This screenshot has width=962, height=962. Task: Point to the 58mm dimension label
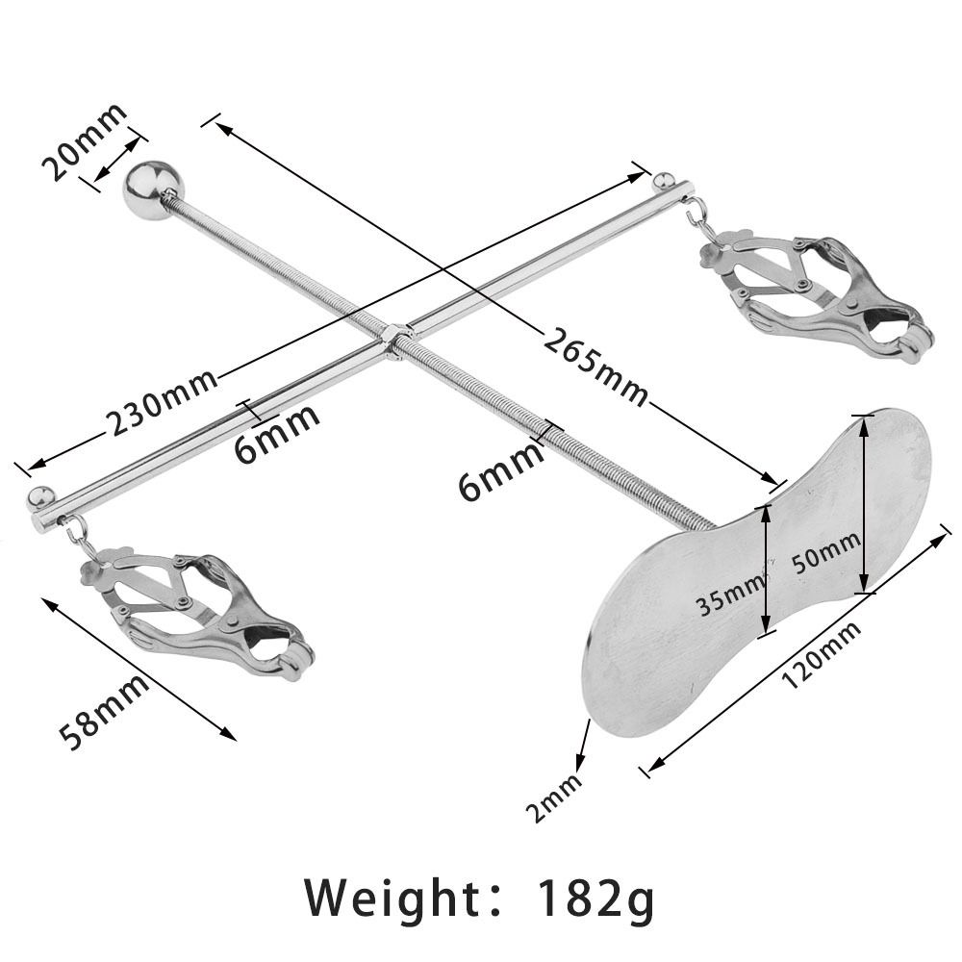tap(105, 713)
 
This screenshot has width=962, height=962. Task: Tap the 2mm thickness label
tap(555, 790)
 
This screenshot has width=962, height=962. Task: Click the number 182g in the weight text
tap(595, 899)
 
